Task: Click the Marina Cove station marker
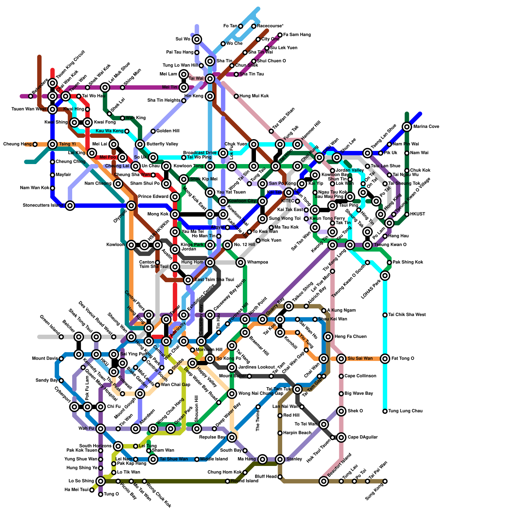407,127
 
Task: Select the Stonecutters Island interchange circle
70,206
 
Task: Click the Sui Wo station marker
197,39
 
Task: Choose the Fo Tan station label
230,26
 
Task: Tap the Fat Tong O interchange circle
385,359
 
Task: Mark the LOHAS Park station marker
385,276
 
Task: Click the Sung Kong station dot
385,481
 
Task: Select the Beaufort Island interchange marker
324,481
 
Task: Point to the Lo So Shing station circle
101,481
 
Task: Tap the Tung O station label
111,494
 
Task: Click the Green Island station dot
61,337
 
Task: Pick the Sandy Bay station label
47,381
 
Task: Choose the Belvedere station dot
31,96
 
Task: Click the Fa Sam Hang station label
297,35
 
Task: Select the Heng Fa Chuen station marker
328,337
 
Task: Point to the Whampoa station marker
241,262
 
